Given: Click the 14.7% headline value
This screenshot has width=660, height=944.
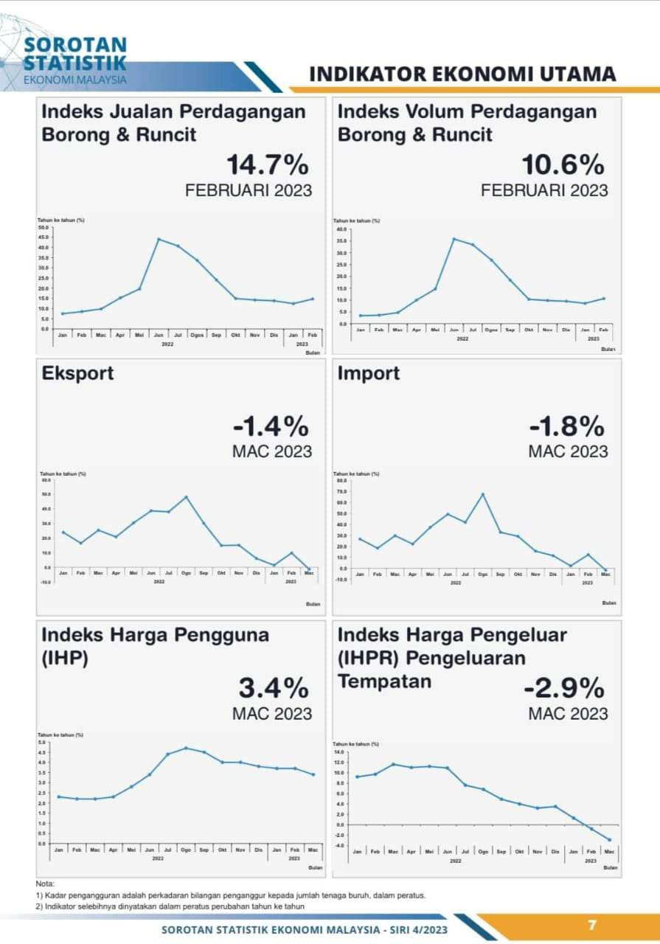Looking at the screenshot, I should click(267, 164).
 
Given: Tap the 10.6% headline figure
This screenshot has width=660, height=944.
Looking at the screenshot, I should click(563, 164).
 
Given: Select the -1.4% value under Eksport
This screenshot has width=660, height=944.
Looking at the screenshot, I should click(271, 426).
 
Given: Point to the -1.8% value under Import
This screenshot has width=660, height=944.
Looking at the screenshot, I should click(566, 426).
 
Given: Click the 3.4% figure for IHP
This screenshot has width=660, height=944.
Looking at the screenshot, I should click(274, 688).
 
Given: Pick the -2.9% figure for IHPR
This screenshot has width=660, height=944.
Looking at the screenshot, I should click(564, 688).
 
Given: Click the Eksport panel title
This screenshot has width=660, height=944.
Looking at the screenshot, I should click(78, 373).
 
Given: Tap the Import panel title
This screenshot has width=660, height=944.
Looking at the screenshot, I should click(369, 373).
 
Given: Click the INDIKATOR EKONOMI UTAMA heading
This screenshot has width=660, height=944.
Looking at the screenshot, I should click(462, 74).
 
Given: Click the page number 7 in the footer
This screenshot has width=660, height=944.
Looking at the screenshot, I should click(591, 925).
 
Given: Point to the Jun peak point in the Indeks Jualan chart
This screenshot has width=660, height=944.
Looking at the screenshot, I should click(159, 239).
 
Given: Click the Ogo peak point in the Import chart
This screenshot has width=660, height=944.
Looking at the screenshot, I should click(483, 494).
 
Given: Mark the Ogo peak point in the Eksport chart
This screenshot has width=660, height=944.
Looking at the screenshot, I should click(187, 497).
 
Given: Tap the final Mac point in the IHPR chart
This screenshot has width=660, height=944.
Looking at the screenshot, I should click(609, 839).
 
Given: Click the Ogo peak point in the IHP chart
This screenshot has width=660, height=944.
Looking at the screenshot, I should click(186, 748).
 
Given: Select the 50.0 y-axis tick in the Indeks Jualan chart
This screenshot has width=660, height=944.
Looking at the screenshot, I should click(43, 228).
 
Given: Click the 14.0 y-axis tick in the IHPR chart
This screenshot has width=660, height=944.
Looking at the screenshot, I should click(339, 752).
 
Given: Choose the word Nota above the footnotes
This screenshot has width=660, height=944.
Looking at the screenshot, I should click(45, 884).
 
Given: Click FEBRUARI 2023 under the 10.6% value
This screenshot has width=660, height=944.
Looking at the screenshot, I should click(544, 190).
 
